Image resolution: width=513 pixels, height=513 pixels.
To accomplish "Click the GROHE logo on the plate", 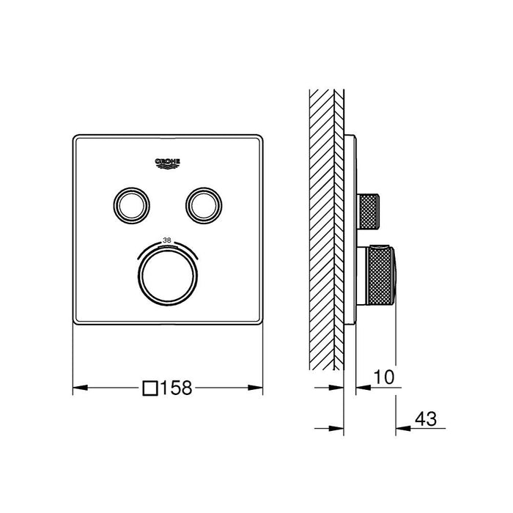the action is (x=168, y=163).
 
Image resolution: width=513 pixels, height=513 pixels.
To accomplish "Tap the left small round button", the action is (x=131, y=206).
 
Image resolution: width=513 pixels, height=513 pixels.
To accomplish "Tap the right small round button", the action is (x=204, y=206).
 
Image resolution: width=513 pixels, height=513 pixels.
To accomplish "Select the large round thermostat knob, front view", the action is (x=168, y=276).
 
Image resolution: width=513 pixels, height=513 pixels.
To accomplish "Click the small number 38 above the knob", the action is (x=167, y=240).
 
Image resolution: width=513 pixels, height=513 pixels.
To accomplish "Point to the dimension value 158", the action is (x=177, y=388).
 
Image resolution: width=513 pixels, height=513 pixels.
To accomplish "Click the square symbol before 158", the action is (x=150, y=388).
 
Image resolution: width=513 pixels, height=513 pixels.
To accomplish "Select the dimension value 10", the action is (x=384, y=377).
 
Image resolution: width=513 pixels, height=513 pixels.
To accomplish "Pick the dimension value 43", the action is (x=426, y=418).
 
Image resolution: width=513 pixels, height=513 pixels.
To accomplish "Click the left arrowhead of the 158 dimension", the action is (x=80, y=388).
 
